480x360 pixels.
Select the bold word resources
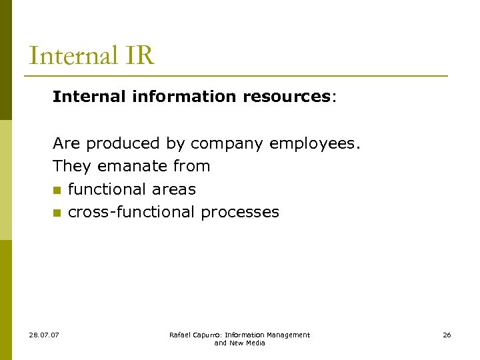(287, 97)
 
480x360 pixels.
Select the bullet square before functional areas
(57, 190)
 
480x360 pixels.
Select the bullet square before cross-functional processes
(57, 213)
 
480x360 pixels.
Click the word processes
(240, 212)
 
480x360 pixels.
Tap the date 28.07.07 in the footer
(44, 335)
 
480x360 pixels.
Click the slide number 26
(447, 335)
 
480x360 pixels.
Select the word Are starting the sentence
(67, 143)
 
